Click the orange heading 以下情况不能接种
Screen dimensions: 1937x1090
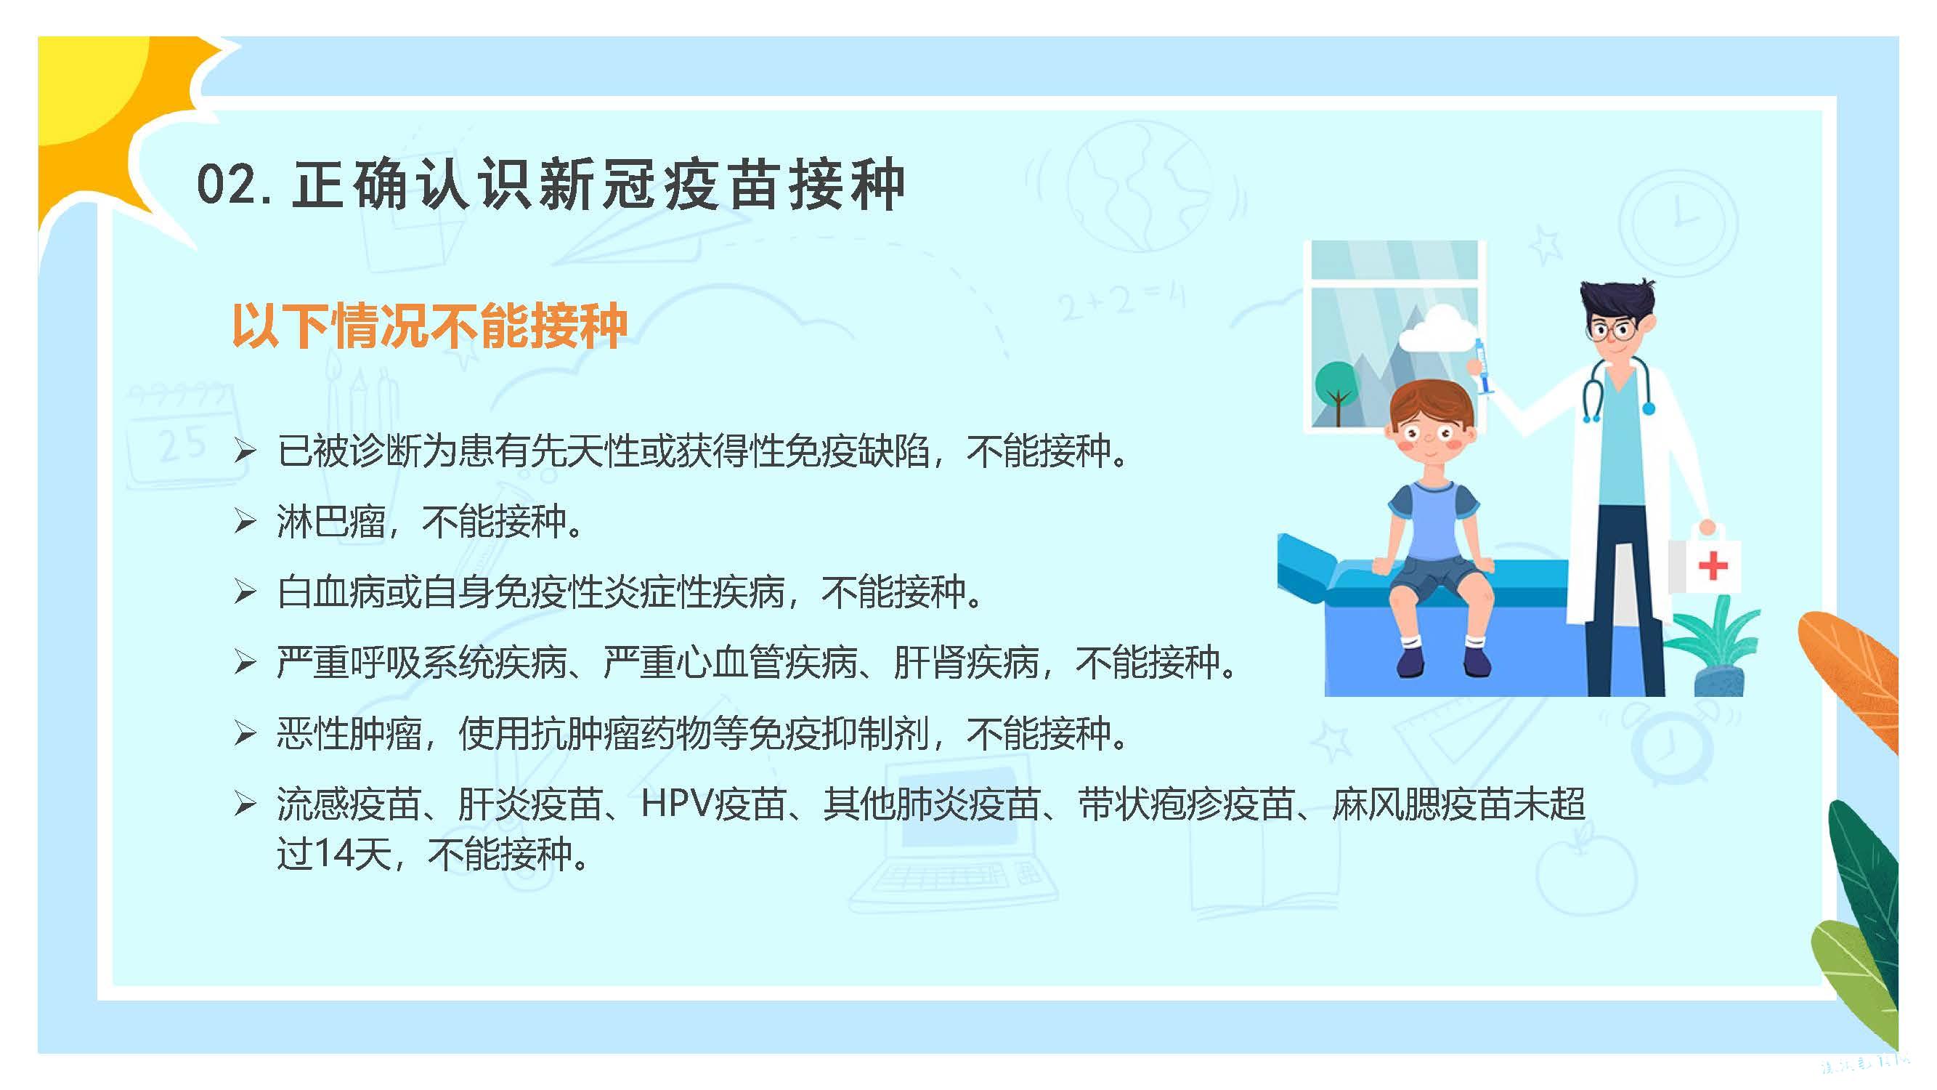coord(429,326)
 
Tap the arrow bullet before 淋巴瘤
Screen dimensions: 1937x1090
coord(245,520)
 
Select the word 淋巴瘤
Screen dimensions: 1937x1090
coord(331,521)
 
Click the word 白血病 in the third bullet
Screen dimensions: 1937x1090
coord(331,592)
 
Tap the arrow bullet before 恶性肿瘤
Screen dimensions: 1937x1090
coord(245,732)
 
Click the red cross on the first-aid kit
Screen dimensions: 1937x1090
coord(1712,565)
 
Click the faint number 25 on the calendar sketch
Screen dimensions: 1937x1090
coord(183,443)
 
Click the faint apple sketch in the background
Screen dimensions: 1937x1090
coord(1585,869)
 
